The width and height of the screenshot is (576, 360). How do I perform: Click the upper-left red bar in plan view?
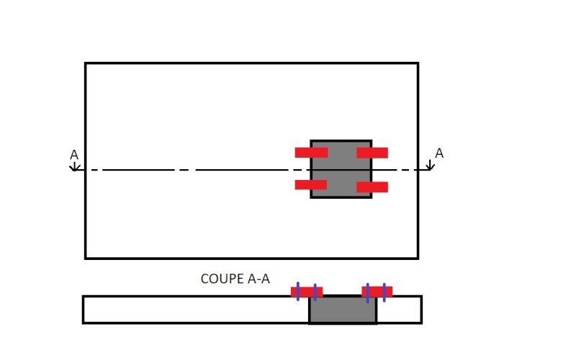click(311, 153)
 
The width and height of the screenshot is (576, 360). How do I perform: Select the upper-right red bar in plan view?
click(372, 153)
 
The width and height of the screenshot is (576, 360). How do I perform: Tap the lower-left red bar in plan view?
click(311, 185)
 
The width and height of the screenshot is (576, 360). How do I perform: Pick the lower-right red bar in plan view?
click(372, 187)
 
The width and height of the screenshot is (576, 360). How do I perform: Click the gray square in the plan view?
click(341, 169)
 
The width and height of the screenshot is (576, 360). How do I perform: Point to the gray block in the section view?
click(343, 310)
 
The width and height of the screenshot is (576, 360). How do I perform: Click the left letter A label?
click(74, 155)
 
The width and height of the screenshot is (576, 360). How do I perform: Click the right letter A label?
click(439, 153)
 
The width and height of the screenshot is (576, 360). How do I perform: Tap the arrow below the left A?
click(75, 166)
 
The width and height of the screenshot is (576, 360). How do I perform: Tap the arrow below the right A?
click(430, 166)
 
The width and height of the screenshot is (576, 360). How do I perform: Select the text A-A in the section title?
click(259, 279)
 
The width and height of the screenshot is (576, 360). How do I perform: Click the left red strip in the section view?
click(307, 292)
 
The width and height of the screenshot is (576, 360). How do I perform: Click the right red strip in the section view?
click(377, 292)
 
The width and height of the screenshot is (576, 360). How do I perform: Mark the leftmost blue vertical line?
click(298, 292)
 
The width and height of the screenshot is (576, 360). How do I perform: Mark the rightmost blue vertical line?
click(384, 292)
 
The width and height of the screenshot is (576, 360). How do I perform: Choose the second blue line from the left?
click(315, 292)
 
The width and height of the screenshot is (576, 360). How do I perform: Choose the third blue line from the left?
click(368, 293)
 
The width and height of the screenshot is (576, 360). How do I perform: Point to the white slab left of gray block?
click(196, 310)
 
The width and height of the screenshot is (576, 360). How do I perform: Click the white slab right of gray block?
click(400, 310)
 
